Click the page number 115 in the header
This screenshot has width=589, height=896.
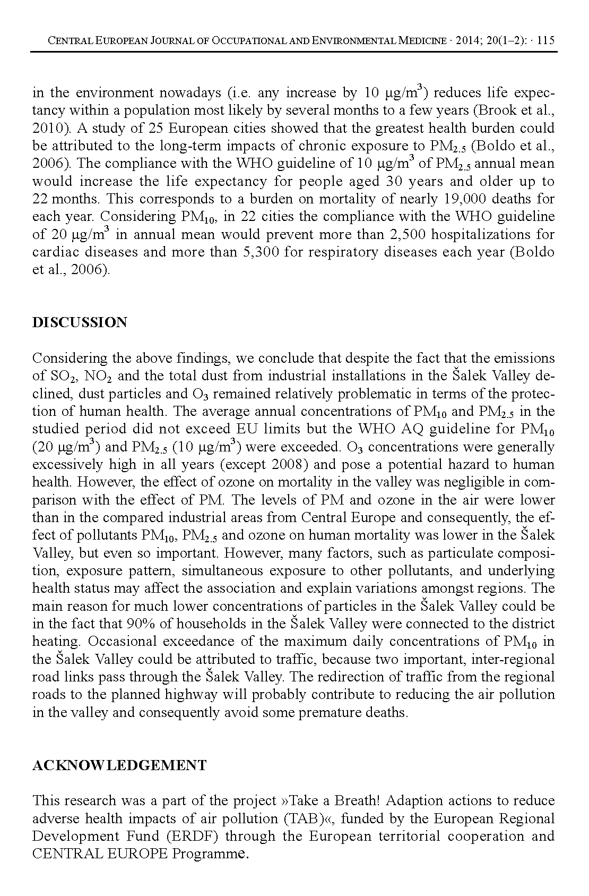click(x=546, y=41)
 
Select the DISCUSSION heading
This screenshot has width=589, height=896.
click(x=80, y=322)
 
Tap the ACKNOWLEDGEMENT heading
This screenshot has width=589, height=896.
click(x=119, y=765)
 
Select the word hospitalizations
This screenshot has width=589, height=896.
click(x=483, y=234)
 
